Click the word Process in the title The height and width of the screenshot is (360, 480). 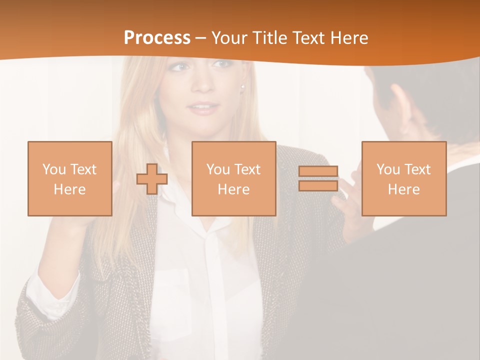coord(157,38)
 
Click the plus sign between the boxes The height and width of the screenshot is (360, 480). coord(152,179)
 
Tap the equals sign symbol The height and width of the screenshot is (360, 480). coord(318,178)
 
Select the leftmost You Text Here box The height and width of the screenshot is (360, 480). coord(70,178)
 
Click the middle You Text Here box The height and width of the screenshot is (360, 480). coord(233,178)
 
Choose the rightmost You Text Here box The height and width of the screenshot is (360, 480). coord(403,178)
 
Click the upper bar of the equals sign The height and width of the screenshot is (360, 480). coord(318,171)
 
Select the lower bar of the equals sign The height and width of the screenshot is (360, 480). coord(318,185)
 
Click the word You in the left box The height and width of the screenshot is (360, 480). coord(53,169)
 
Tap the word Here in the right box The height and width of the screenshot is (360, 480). coord(403,189)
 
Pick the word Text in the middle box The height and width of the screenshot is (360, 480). coord(247,169)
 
